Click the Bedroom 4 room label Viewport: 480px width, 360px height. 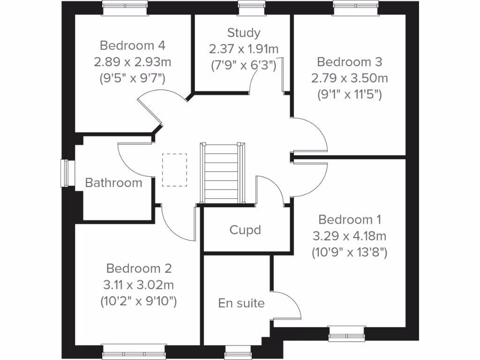133,46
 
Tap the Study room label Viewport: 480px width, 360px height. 244,33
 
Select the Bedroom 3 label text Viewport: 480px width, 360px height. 349,62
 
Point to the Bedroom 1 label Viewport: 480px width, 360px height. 350,219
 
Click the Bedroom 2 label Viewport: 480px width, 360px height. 139,269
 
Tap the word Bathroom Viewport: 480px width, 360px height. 113,183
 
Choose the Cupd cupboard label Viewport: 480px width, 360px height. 245,230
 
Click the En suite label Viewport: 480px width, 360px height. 241,303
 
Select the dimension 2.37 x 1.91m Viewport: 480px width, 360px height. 243,48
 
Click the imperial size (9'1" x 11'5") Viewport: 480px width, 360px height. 349,94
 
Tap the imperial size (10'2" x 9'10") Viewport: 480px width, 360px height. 139,301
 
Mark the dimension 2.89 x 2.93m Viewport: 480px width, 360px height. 133,61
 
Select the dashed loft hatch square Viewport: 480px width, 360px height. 174,170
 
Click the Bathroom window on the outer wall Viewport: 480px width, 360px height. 66,173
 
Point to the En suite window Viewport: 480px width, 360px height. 238,351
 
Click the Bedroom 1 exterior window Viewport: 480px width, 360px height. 347,332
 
